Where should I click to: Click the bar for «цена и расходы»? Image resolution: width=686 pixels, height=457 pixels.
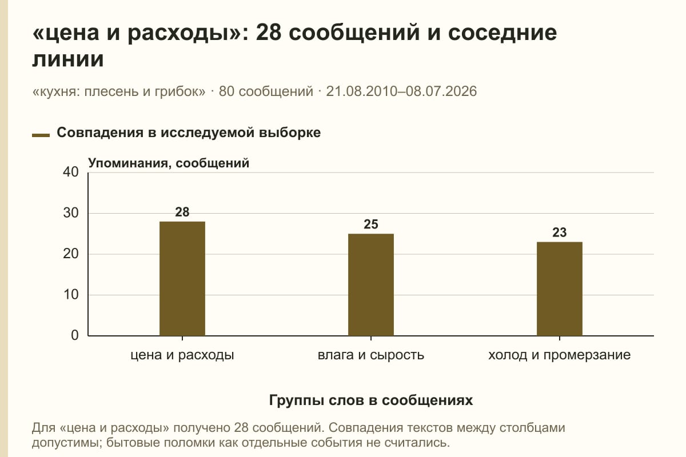[182, 279]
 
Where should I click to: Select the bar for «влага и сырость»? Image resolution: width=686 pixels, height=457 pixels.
[371, 284]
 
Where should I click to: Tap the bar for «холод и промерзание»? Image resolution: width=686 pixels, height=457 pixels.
[560, 288]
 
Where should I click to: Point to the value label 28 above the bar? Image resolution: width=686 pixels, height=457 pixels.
[182, 212]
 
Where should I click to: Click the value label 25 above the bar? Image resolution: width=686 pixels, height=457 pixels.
[371, 225]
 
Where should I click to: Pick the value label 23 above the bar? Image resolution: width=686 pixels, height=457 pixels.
[560, 232]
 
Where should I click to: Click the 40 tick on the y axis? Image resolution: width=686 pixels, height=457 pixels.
[71, 172]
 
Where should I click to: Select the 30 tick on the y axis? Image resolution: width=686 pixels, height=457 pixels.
[71, 213]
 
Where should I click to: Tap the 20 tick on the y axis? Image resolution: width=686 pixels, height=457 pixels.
[71, 254]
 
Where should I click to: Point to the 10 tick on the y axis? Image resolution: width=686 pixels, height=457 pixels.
[71, 295]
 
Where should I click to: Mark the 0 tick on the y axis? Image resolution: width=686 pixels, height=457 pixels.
[75, 335]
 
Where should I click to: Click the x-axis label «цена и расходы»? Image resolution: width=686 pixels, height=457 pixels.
[182, 355]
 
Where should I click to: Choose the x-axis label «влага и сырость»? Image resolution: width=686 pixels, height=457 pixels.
[371, 355]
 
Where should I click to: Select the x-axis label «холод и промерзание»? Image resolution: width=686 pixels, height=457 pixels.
[560, 355]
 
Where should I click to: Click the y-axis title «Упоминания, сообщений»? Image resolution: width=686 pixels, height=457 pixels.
[169, 163]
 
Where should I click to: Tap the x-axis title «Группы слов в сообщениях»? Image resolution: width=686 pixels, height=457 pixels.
[371, 400]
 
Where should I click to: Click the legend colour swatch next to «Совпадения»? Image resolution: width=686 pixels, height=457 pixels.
[41, 135]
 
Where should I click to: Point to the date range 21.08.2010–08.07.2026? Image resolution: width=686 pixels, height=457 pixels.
[401, 91]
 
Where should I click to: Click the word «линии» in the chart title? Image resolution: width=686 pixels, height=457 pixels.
[68, 59]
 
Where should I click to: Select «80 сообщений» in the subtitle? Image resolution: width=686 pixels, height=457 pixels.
[266, 91]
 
